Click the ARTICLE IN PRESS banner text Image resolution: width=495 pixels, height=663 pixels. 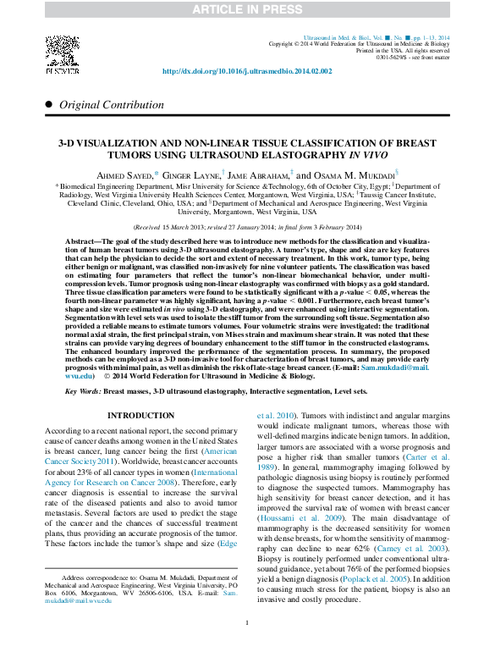[247, 9]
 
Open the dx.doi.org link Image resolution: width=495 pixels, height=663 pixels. [247, 71]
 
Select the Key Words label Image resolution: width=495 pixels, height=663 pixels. [83, 391]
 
